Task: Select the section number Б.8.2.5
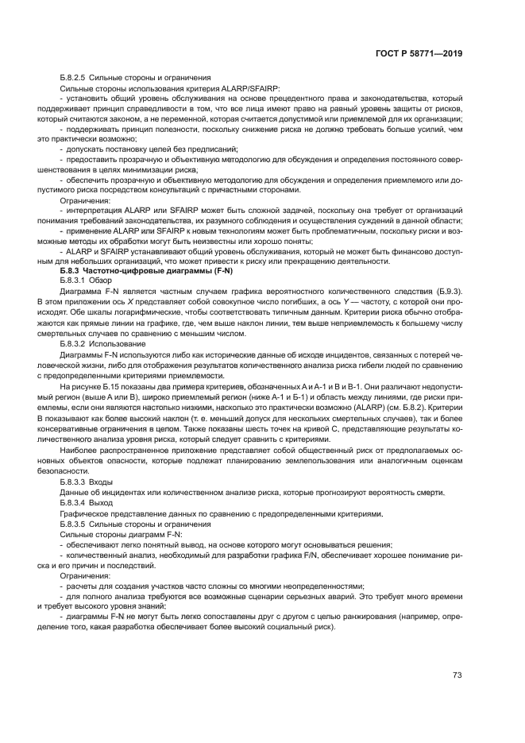(77, 78)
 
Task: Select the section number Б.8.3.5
(77, 524)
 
